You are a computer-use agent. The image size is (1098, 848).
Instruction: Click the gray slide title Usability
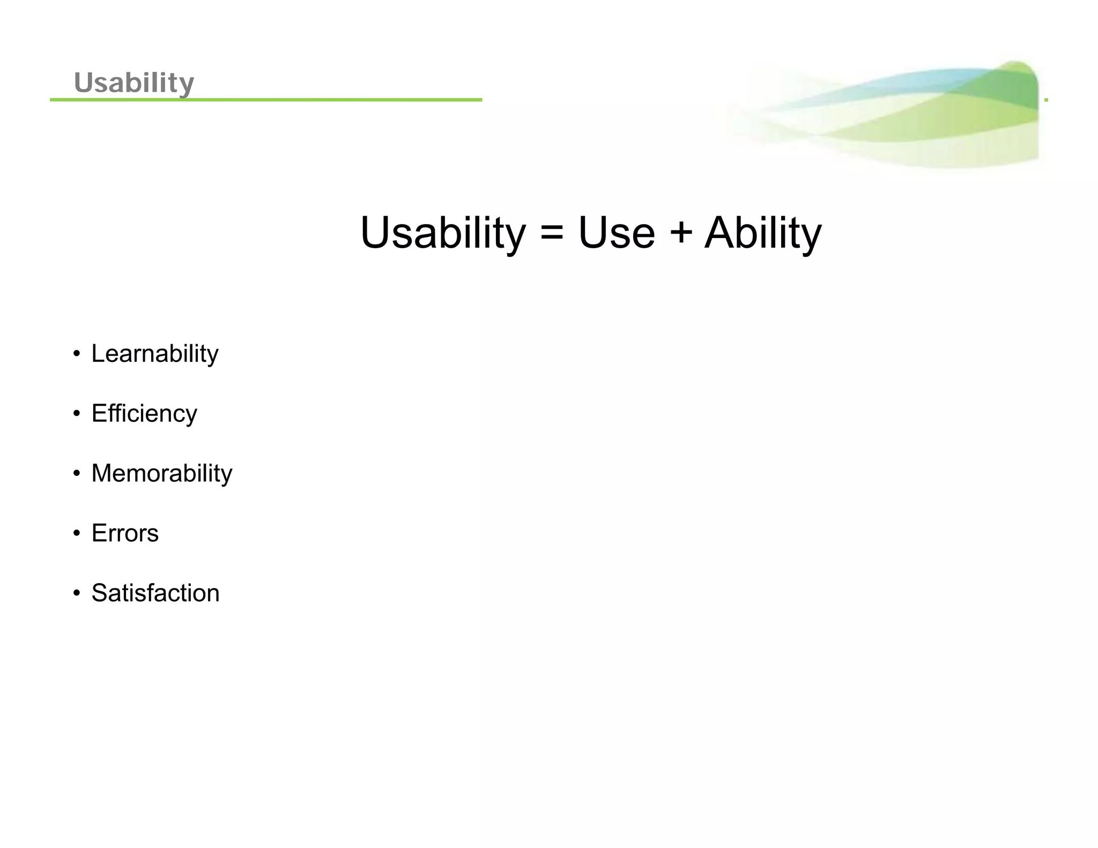pyautogui.click(x=133, y=83)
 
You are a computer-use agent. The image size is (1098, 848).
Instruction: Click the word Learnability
pyautogui.click(x=154, y=354)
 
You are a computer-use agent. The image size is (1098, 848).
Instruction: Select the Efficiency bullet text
pyautogui.click(x=144, y=414)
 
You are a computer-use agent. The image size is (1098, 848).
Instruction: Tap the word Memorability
pyautogui.click(x=161, y=473)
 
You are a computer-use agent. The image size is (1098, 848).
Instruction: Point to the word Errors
pyautogui.click(x=125, y=533)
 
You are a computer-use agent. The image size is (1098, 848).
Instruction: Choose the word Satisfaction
pyautogui.click(x=155, y=593)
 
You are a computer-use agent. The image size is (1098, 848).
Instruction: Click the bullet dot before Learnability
pyautogui.click(x=77, y=354)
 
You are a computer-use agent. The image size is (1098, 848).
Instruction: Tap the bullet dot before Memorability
pyautogui.click(x=77, y=474)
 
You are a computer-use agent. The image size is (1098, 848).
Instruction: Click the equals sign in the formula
pyautogui.click(x=552, y=234)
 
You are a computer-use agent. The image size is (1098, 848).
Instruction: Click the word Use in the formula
pyautogui.click(x=616, y=233)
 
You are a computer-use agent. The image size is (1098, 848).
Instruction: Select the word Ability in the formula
pyautogui.click(x=762, y=234)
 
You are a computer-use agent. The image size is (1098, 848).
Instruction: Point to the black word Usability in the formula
pyautogui.click(x=443, y=234)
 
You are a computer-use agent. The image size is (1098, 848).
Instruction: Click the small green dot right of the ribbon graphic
pyautogui.click(x=1046, y=100)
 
